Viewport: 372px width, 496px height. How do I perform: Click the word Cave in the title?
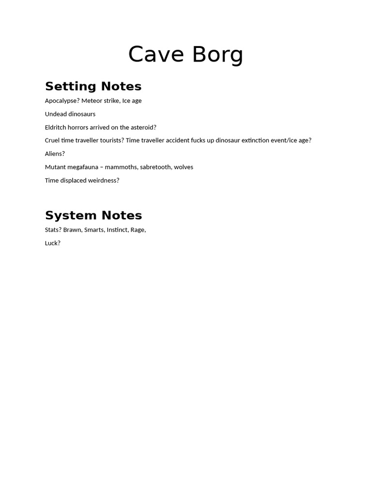156,55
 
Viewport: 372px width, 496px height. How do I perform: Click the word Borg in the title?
217,55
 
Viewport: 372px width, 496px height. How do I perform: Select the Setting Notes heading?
93,86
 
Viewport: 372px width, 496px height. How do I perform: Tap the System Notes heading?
93,215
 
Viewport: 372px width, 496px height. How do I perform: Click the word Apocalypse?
62,101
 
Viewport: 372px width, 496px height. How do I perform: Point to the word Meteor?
92,101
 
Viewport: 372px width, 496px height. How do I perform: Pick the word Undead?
56,114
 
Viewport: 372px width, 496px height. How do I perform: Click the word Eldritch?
56,127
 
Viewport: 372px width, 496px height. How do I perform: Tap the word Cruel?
52,140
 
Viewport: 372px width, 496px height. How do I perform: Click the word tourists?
108,140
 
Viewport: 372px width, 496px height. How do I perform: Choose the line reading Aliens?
55,154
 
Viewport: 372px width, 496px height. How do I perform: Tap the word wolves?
184,167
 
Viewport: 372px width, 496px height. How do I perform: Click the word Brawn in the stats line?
73,230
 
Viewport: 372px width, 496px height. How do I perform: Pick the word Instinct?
118,230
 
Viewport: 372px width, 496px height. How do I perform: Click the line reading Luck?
52,243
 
